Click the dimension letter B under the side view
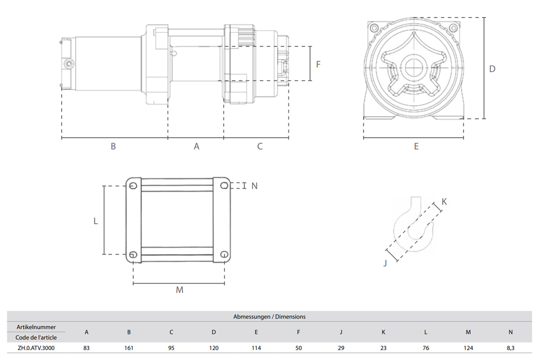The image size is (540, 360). (x=113, y=146)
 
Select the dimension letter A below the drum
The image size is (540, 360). (x=196, y=146)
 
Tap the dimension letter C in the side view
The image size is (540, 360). (x=260, y=146)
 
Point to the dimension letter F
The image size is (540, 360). (x=318, y=64)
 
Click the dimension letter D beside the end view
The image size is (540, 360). (x=492, y=69)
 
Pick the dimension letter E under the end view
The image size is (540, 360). (x=416, y=146)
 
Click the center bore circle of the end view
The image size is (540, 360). (x=414, y=68)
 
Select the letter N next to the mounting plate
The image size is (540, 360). (x=254, y=186)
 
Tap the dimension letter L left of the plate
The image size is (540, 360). (x=95, y=221)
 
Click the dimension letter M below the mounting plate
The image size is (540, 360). (x=180, y=290)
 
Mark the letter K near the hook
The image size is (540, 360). (x=444, y=202)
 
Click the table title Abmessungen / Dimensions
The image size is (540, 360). (x=269, y=317)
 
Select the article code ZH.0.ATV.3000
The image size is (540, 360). (x=36, y=348)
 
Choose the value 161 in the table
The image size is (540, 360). (x=129, y=348)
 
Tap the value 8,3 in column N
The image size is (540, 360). (x=510, y=348)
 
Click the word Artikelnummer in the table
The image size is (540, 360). (x=36, y=327)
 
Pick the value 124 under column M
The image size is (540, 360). (x=468, y=348)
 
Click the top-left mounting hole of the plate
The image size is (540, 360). (x=133, y=186)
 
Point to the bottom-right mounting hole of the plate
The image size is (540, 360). (x=224, y=255)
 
